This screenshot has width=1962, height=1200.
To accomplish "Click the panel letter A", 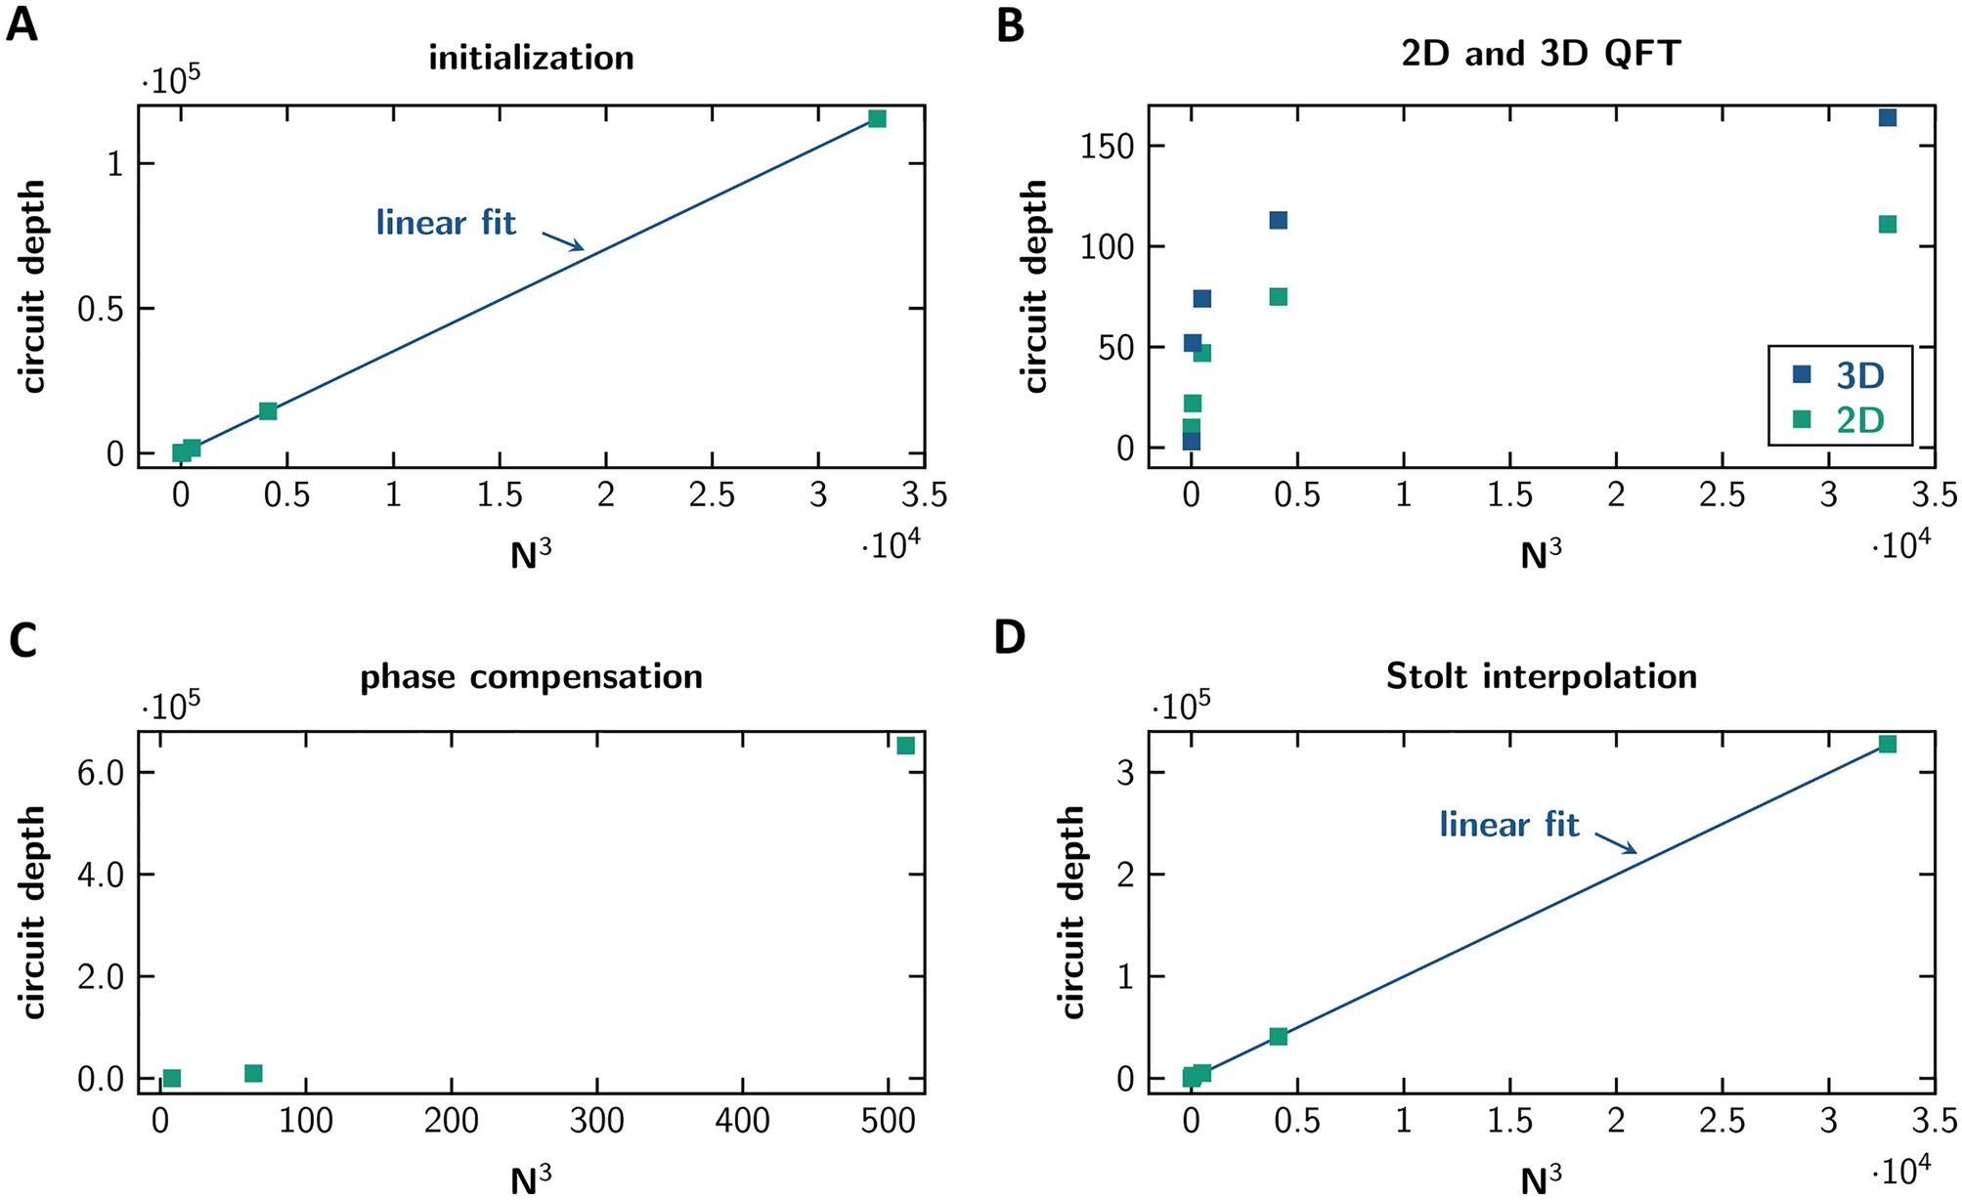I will point(22,24).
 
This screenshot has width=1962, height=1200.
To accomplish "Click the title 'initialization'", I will point(531,58).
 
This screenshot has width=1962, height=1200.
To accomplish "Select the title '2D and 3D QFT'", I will point(1541,54).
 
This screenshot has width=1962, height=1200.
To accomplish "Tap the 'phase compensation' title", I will point(531,676).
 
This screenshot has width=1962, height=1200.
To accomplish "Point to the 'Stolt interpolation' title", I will point(1541,676).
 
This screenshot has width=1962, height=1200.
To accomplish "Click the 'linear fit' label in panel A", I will point(446,223).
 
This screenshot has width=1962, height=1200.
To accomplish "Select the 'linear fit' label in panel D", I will point(1508,825).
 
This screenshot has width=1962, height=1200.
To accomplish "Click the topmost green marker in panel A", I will point(877,118).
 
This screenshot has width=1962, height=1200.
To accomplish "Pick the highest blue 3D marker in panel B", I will point(1888,117).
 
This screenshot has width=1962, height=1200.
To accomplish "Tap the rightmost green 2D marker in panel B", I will point(1888,224).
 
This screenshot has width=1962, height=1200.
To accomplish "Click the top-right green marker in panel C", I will point(905,745).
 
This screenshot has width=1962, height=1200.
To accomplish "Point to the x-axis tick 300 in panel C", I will point(596,1121).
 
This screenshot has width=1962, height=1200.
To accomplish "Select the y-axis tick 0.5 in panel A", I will point(101,309).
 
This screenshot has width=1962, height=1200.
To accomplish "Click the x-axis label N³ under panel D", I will point(1541,1179).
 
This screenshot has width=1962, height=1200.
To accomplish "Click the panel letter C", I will point(22,641).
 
